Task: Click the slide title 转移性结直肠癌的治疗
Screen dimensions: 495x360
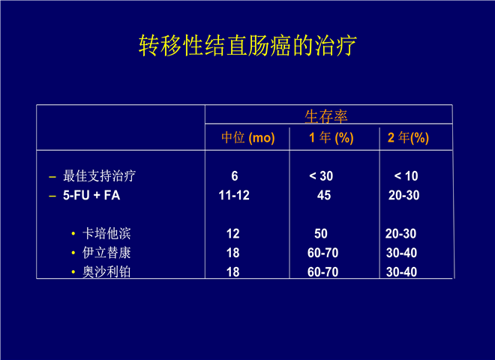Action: pos(247,46)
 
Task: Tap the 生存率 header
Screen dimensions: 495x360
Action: pos(326,116)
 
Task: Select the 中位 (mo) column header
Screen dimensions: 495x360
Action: pos(248,138)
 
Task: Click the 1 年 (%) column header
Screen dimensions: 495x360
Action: pos(331,138)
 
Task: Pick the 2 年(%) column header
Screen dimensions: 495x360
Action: pos(408,138)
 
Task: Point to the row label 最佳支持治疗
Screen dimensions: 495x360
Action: pos(100,176)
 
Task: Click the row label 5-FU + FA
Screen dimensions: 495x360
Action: pos(91,195)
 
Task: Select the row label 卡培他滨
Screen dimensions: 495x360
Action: pos(106,234)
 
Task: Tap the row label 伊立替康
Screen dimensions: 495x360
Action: pos(106,253)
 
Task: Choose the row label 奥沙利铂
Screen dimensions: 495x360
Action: pos(106,271)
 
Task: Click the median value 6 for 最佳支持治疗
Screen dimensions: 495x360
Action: pos(235,176)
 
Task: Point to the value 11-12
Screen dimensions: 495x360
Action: pos(234,195)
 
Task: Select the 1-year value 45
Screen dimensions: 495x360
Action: pos(324,195)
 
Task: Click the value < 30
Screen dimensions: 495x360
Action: pos(321,176)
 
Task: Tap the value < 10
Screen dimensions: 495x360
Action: pos(406,176)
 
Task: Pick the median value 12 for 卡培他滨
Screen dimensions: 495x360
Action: pos(233,234)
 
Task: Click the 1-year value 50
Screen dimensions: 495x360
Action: pos(321,234)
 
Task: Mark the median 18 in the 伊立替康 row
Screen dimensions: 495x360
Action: pos(233,253)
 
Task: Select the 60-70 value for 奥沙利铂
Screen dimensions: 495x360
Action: pos(323,272)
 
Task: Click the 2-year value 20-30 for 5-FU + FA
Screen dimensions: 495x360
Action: pos(403,195)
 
